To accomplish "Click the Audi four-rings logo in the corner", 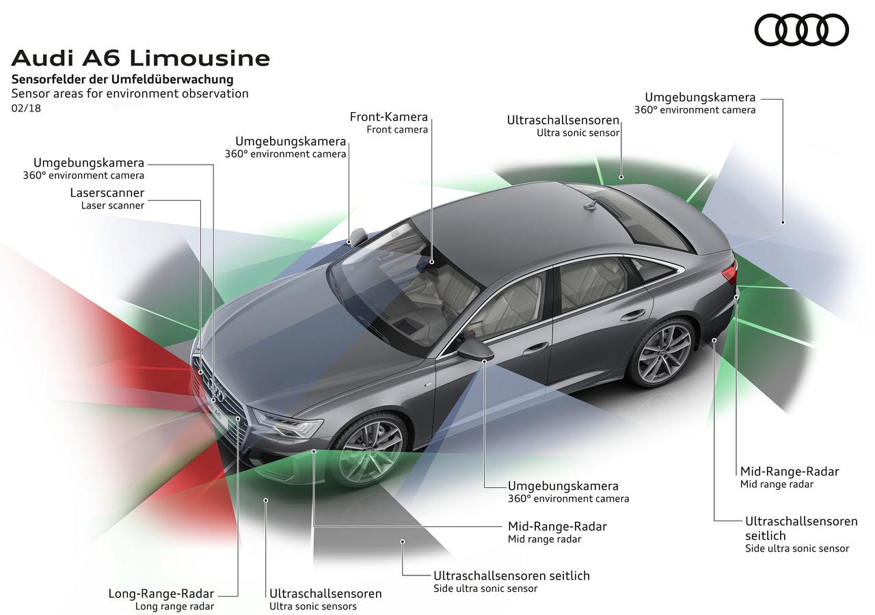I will (x=801, y=31).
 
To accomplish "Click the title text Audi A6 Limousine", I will (x=140, y=57).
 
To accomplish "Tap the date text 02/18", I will (x=25, y=108).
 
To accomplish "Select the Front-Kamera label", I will (x=388, y=117).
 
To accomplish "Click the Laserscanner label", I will (x=107, y=193).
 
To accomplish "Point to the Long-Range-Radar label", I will (x=161, y=593).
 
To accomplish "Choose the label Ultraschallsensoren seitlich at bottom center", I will (x=511, y=575).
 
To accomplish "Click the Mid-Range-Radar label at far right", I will (x=789, y=471).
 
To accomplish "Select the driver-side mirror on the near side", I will (x=476, y=345).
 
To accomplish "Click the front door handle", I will (x=536, y=348).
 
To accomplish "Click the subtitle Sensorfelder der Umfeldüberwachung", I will (x=122, y=80).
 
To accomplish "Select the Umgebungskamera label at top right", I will (x=700, y=98).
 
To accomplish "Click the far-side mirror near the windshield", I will (x=358, y=237).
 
